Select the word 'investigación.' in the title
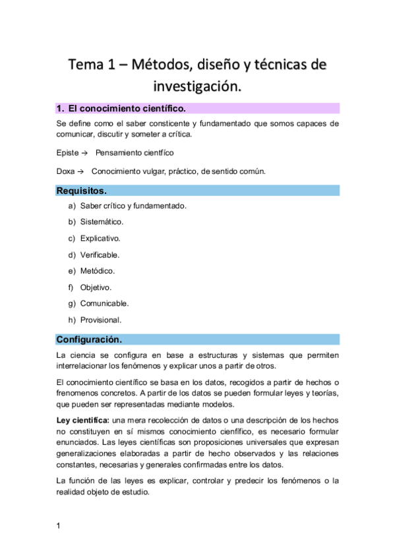coord(197,86)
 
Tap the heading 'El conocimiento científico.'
coord(127,108)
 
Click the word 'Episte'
coord(68,153)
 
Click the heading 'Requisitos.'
coord(82,191)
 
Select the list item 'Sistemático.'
coord(102,222)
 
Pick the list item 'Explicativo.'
coord(100,239)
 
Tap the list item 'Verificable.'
coord(100,254)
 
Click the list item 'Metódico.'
coord(98,271)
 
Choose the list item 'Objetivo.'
coord(96,287)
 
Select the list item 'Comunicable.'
coord(104,303)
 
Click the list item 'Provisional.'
coord(101,320)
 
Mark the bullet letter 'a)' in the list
coord(72,206)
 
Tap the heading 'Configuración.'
coord(89,339)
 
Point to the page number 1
coord(59,525)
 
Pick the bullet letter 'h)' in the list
coord(72,320)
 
